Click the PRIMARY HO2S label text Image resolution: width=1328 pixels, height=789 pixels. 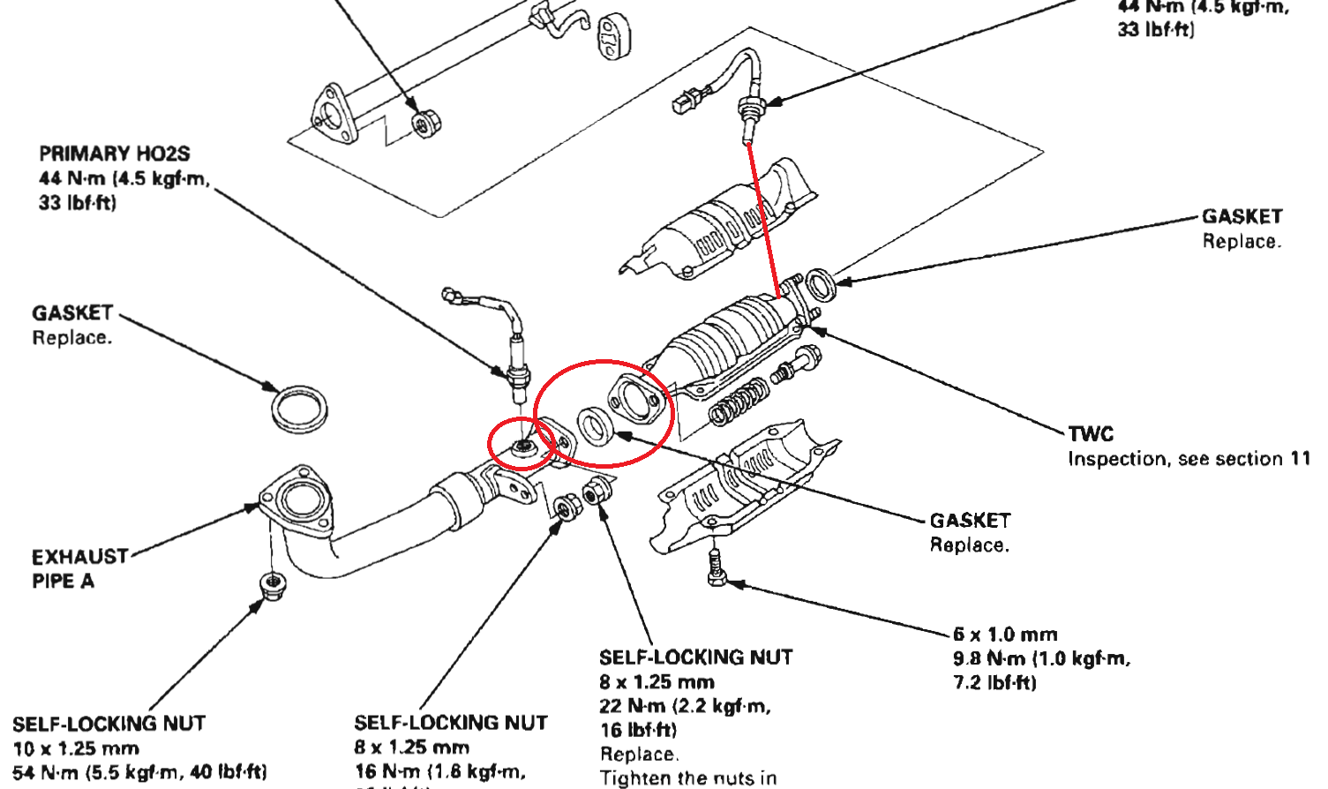tap(115, 154)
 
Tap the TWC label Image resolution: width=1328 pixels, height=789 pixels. tap(1091, 433)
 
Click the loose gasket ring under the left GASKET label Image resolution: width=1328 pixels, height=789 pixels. tap(299, 408)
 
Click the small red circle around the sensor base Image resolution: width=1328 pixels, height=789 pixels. tap(522, 445)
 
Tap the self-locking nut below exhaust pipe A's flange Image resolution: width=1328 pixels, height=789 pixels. tap(272, 583)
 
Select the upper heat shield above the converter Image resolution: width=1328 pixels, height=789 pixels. tap(724, 221)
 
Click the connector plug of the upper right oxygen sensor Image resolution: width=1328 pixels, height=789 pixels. tap(684, 102)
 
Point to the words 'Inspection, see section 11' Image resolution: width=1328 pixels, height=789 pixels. tap(1188, 459)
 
